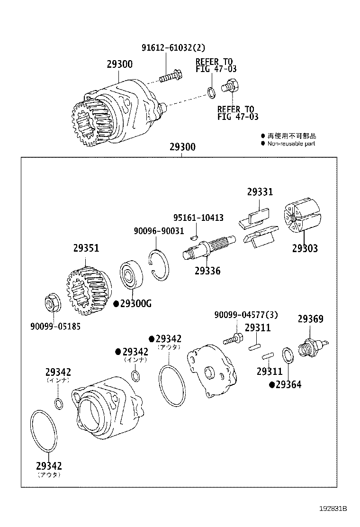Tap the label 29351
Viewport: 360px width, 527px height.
(x=86, y=248)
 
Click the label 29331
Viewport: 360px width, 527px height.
(x=260, y=192)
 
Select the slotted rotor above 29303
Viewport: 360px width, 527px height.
(x=302, y=218)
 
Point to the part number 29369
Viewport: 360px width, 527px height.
(x=310, y=319)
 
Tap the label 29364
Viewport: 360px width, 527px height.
(x=288, y=385)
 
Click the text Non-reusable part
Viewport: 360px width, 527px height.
(x=291, y=144)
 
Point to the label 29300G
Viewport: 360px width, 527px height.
(x=135, y=304)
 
